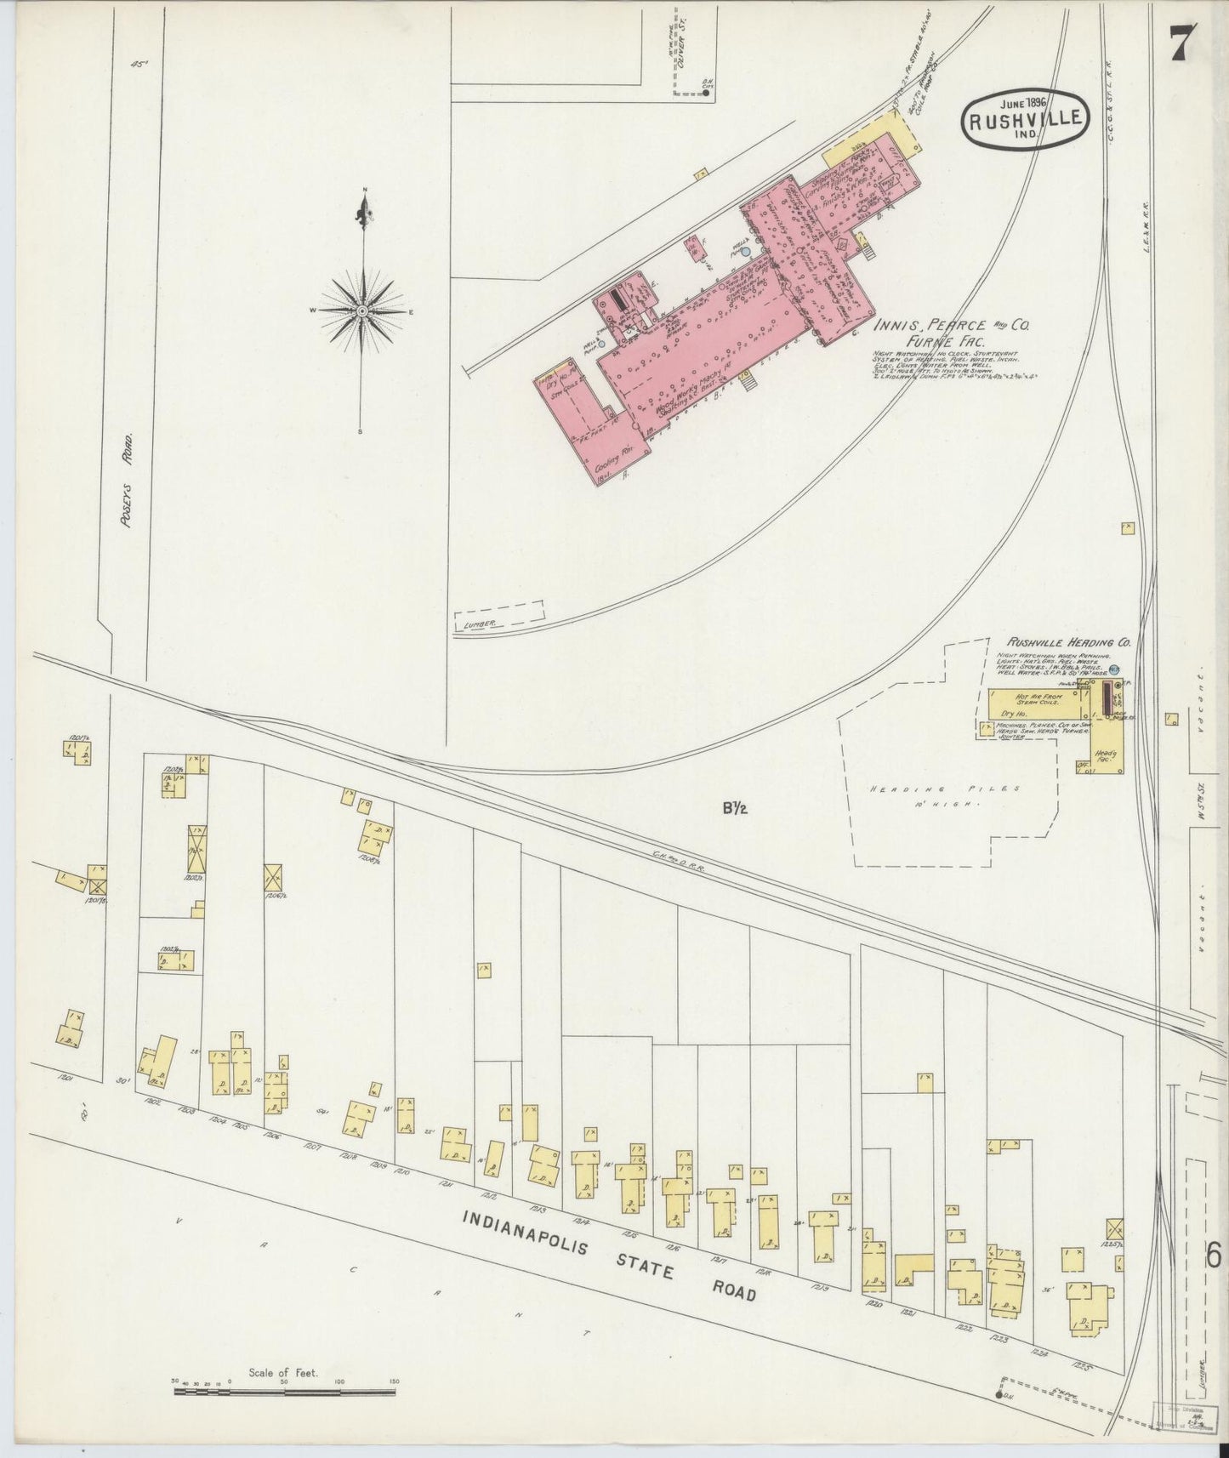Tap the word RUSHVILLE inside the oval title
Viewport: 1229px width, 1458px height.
click(1025, 120)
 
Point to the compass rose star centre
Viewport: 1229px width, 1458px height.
click(363, 311)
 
